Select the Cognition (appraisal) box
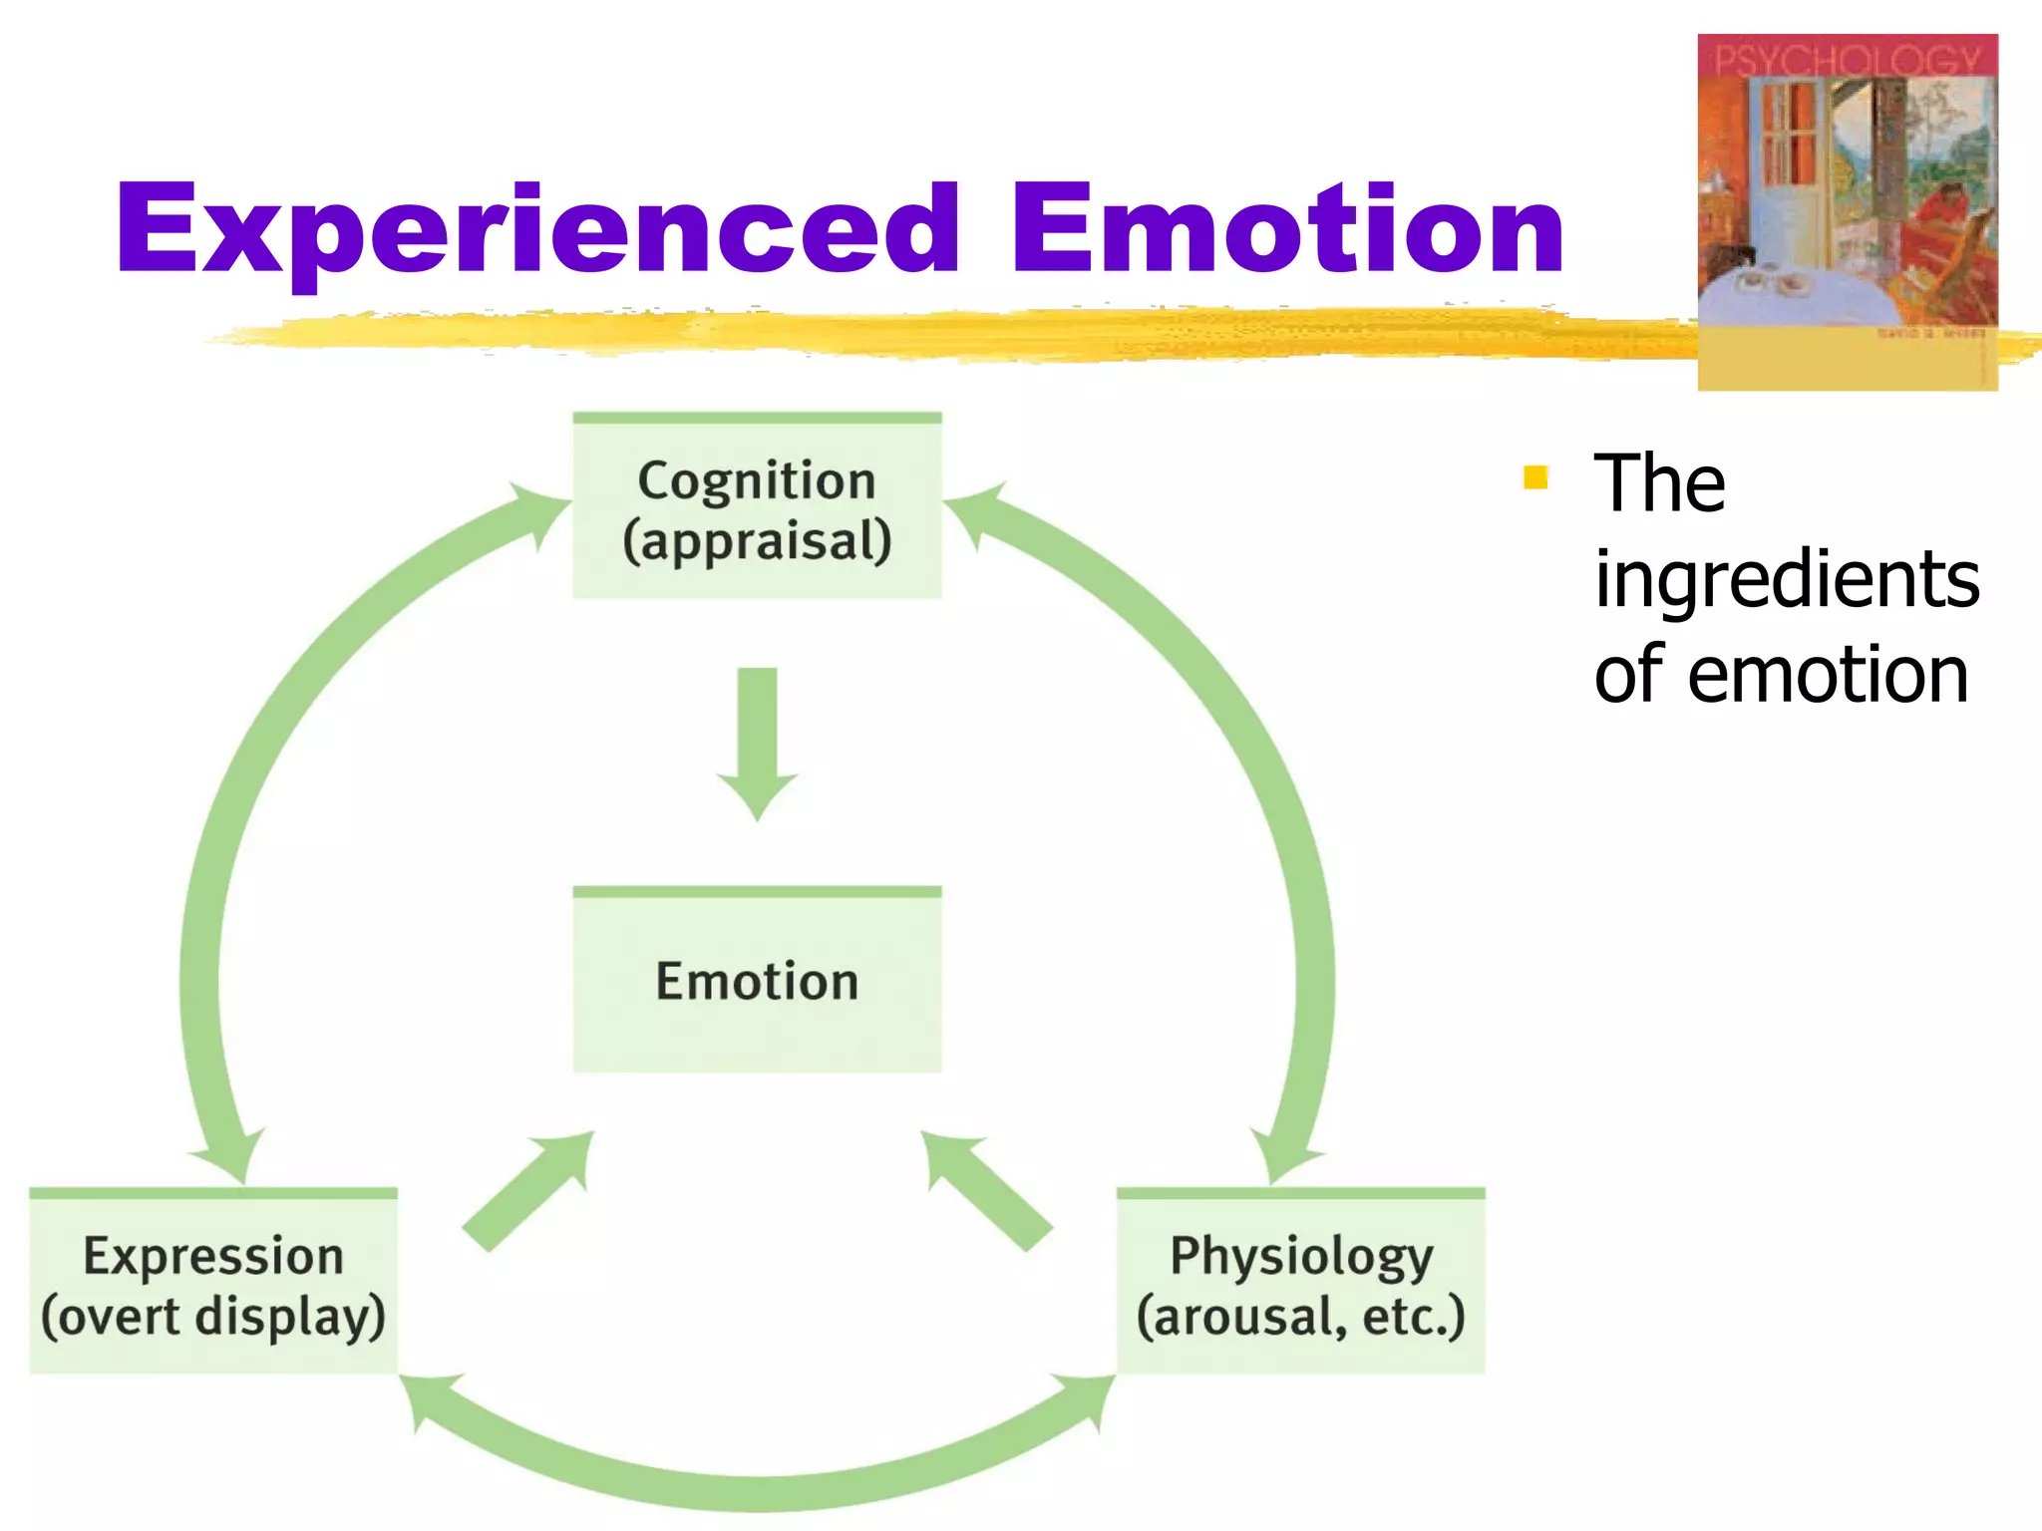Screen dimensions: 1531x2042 (x=757, y=506)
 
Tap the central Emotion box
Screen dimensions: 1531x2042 (x=757, y=981)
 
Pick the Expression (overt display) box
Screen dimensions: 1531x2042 (x=213, y=1282)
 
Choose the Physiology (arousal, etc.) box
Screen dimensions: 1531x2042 (x=1300, y=1282)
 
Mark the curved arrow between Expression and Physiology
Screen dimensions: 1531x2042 (x=757, y=1491)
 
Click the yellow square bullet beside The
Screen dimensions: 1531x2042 (x=1535, y=478)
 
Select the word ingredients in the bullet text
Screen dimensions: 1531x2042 (x=1787, y=580)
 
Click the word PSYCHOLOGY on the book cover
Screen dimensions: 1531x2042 (x=1847, y=60)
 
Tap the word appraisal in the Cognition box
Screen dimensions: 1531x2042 (x=757, y=541)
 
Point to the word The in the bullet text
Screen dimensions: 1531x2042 (x=1659, y=483)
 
